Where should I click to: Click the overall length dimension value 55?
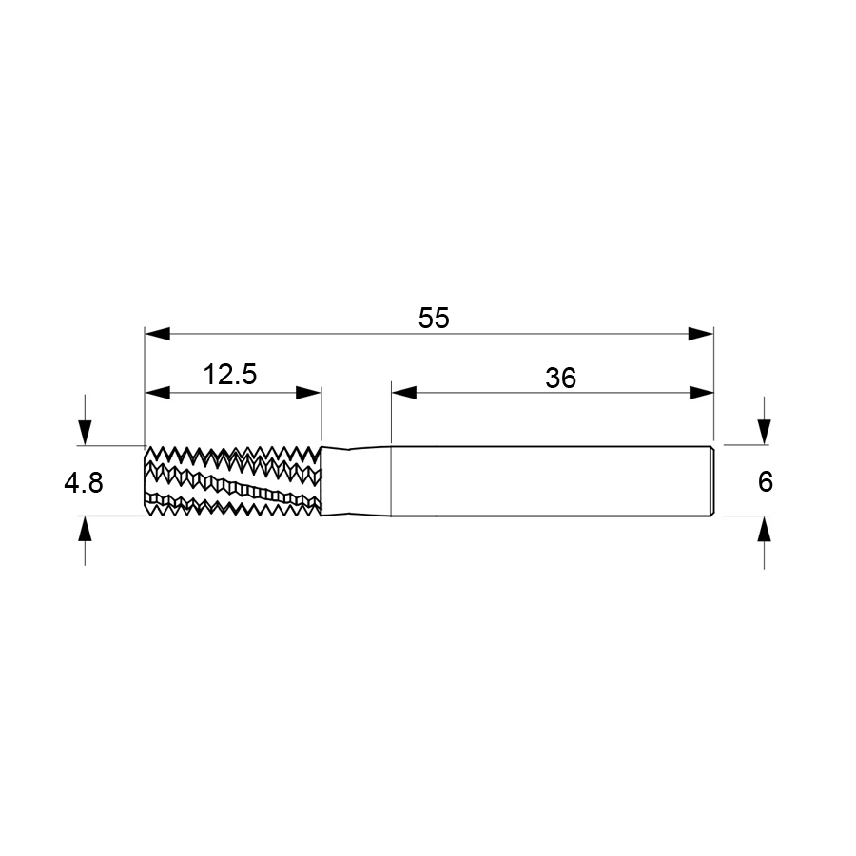(x=434, y=319)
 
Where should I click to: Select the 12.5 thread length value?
(x=230, y=375)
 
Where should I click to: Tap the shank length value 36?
(x=560, y=378)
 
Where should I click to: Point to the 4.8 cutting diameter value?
(x=84, y=483)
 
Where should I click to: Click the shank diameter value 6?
(x=766, y=482)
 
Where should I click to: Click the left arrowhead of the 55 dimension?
(x=157, y=334)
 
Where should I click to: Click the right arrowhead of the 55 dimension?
(x=701, y=334)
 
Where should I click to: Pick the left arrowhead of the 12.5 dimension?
(x=157, y=393)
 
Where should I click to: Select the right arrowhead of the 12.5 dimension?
(x=308, y=393)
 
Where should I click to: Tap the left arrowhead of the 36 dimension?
(x=404, y=393)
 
